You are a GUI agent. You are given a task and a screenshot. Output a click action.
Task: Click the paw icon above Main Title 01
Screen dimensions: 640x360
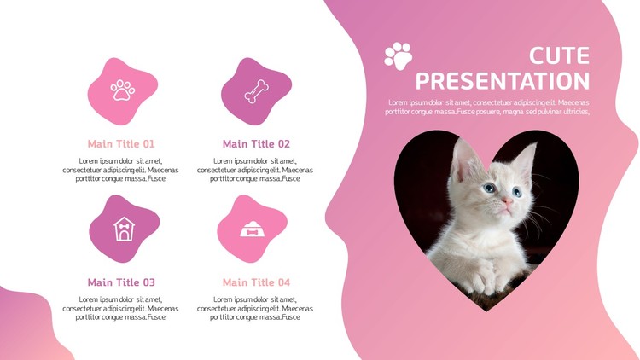pyautogui.click(x=122, y=90)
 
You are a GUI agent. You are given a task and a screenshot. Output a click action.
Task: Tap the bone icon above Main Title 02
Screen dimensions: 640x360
pyautogui.click(x=256, y=91)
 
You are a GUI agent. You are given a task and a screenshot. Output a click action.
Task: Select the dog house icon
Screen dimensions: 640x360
pyautogui.click(x=124, y=229)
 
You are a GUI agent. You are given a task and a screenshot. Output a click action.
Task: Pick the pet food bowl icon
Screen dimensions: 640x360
pyautogui.click(x=252, y=229)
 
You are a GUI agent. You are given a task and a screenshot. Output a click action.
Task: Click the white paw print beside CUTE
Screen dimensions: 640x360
pyautogui.click(x=399, y=56)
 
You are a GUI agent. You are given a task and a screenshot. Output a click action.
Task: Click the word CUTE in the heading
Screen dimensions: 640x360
pyautogui.click(x=559, y=55)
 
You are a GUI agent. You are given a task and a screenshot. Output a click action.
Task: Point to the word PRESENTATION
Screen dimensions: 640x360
pyautogui.click(x=503, y=81)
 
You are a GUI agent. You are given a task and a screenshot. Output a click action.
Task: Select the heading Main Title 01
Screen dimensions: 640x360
pyautogui.click(x=121, y=143)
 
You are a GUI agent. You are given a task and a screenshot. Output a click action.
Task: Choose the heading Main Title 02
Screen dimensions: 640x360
pyautogui.click(x=256, y=143)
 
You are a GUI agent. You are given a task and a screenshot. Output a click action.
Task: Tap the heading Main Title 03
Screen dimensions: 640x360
pyautogui.click(x=121, y=282)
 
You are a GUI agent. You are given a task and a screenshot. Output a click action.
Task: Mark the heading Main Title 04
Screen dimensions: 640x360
pyautogui.click(x=256, y=282)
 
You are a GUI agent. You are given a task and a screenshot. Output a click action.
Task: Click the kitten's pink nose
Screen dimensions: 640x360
pyautogui.click(x=508, y=200)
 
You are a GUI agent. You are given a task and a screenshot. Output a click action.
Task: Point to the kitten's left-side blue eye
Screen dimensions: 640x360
pyautogui.click(x=489, y=188)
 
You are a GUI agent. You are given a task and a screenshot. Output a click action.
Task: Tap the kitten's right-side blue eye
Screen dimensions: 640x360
pyautogui.click(x=517, y=191)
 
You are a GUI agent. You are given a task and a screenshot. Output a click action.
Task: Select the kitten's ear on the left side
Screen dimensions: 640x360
pyautogui.click(x=465, y=160)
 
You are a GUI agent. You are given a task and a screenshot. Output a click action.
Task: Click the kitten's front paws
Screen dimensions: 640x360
pyautogui.click(x=491, y=278)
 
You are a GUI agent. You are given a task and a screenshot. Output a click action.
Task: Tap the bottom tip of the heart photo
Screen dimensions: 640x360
pyautogui.click(x=486, y=311)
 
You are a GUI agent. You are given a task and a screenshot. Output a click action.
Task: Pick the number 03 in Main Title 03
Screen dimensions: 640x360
pyautogui.click(x=148, y=282)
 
